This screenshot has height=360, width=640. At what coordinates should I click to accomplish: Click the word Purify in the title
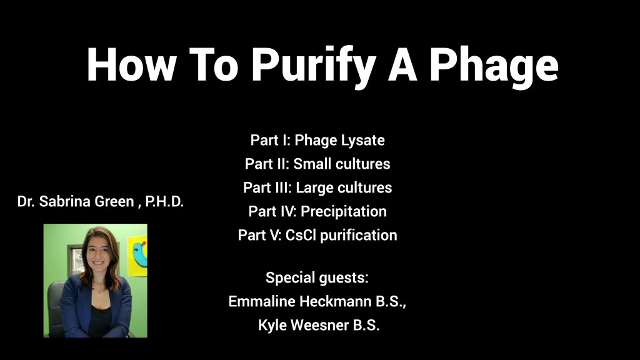pos(313,65)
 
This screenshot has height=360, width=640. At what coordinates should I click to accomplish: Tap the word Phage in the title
pos(494,65)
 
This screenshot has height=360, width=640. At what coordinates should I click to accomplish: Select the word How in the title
pos(131,64)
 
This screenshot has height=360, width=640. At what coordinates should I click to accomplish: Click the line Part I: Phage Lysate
pos(317,141)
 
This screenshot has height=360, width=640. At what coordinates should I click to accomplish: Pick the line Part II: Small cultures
pos(317,164)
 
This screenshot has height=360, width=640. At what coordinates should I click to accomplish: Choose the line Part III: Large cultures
pos(317,187)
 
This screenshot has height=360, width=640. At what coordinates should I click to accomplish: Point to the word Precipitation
pos(344,211)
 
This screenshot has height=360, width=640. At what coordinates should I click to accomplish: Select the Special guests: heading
pos(317,278)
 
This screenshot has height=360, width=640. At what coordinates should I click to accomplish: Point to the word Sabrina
pos(64,201)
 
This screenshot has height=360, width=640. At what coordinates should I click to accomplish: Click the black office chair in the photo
pos(56,309)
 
